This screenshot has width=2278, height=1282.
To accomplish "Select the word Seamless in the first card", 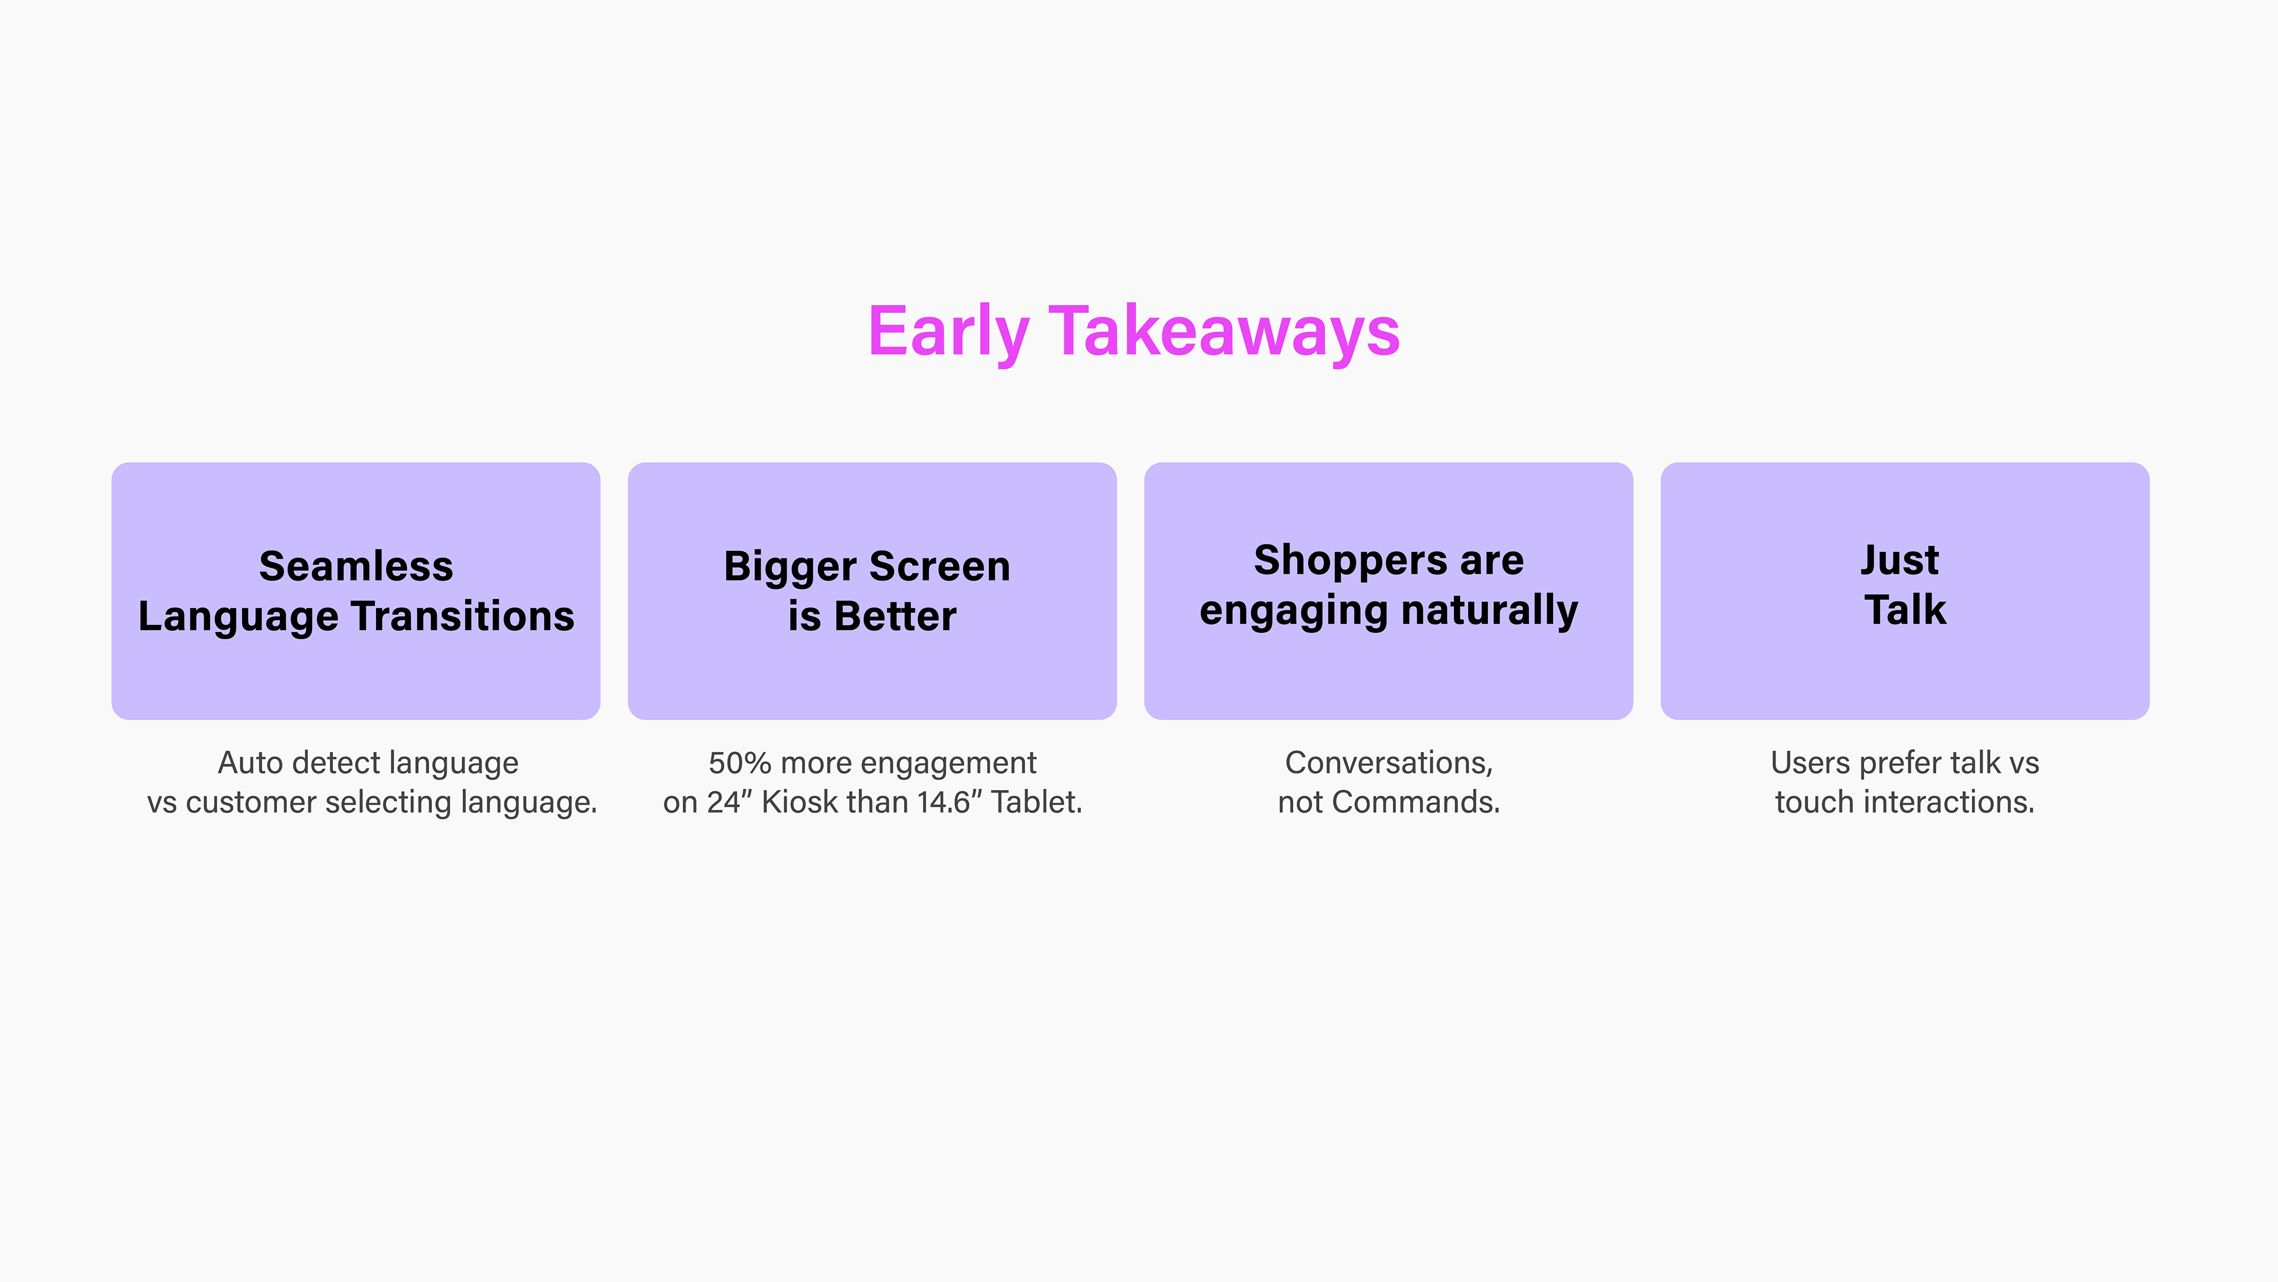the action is [357, 566].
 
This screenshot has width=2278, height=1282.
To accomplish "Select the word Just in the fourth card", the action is [1900, 560].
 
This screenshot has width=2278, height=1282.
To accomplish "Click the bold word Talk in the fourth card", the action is [1905, 610].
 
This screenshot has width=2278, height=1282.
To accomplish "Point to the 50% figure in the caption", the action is [740, 763].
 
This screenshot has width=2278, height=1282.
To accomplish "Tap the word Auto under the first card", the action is [251, 763].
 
